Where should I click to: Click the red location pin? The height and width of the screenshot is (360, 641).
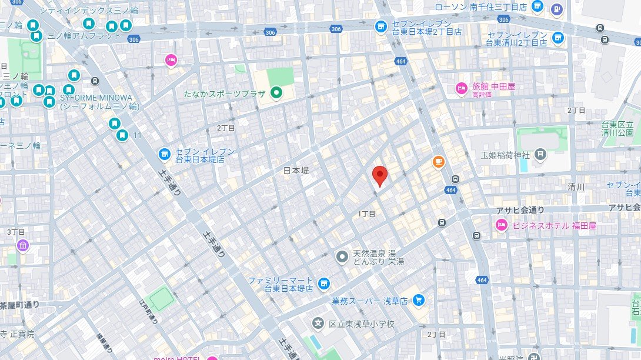380,175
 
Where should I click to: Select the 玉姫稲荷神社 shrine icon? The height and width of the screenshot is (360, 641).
540,155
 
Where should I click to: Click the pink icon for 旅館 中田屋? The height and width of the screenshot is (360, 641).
462,88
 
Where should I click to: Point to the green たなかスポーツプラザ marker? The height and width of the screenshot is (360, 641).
276,92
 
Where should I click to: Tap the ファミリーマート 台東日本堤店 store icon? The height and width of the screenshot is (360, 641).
323,284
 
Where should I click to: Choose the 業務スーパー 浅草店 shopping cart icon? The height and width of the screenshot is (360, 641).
418,300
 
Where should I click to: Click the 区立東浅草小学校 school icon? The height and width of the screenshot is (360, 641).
318,323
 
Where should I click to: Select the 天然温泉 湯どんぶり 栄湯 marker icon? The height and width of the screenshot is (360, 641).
342,256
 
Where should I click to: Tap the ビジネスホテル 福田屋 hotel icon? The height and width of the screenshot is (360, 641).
502,224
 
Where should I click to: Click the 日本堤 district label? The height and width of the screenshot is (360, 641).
296,171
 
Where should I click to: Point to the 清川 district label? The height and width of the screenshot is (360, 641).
576,187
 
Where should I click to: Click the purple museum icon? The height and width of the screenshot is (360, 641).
23,245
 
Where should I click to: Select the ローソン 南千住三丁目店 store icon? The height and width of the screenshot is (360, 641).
537,6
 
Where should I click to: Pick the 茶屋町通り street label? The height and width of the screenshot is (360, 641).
19,304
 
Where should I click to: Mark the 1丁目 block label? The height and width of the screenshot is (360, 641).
366,214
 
